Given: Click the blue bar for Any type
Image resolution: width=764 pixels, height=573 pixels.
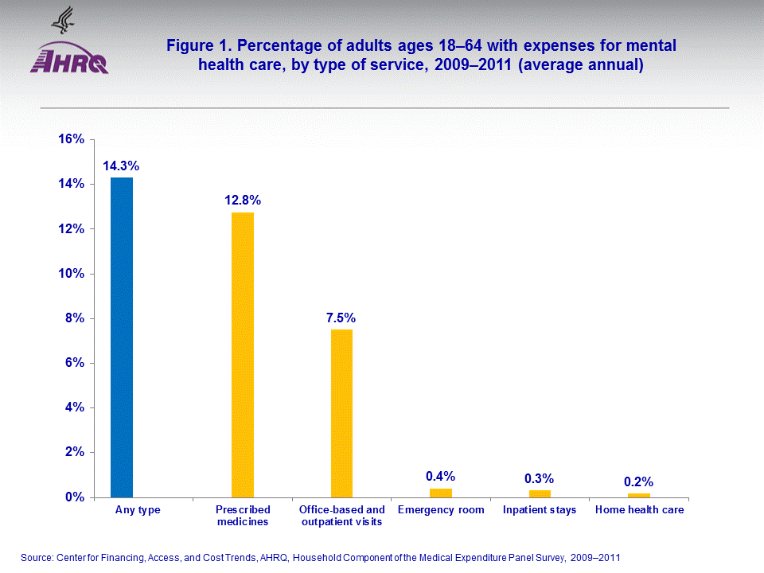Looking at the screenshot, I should [122, 337].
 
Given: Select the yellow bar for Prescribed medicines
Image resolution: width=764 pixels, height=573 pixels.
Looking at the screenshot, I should [243, 354].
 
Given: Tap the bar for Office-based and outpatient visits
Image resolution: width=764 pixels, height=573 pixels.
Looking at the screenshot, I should [341, 413].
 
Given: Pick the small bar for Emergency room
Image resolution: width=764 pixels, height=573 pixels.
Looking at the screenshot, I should [440, 493].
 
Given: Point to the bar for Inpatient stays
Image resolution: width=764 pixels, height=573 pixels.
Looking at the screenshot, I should [540, 493].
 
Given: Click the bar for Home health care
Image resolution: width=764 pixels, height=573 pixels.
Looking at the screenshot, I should [638, 495].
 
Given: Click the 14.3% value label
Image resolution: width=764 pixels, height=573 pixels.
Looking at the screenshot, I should [121, 166].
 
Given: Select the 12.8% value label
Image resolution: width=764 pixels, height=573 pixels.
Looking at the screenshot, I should [243, 201].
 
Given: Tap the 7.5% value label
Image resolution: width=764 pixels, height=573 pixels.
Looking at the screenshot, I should [341, 318].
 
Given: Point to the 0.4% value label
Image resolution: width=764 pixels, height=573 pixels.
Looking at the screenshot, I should [440, 476].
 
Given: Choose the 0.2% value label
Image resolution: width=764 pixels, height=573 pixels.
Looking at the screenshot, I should [638, 481].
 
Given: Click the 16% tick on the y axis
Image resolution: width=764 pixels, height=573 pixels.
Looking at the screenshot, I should [72, 139].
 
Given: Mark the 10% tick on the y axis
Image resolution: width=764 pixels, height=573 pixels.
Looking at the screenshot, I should [72, 274].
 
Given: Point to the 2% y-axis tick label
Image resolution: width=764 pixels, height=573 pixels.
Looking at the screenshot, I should [75, 452].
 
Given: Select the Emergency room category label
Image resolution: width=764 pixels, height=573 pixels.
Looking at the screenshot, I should [440, 510].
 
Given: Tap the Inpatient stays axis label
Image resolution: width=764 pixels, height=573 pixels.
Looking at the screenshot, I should [540, 510].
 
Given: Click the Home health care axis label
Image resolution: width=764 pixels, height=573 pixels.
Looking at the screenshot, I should [639, 510].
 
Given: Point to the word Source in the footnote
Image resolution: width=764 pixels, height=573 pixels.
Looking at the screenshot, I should [37, 558].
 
